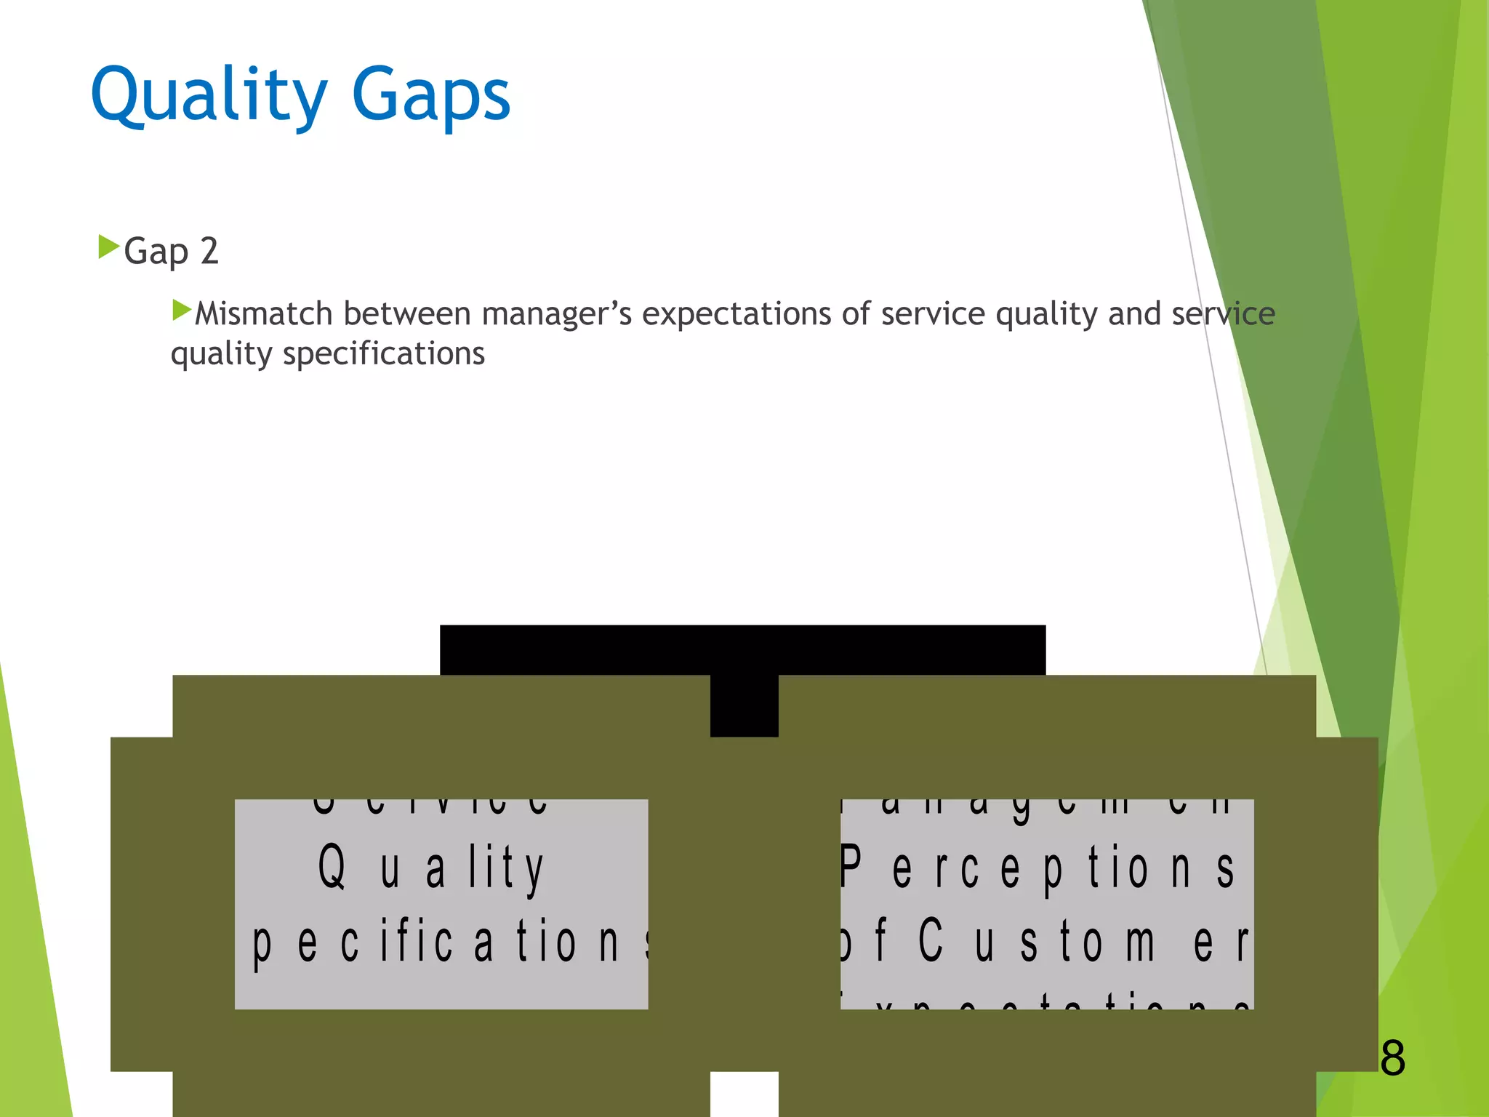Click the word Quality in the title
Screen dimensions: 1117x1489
tap(209, 95)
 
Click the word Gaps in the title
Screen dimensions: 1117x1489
tap(431, 95)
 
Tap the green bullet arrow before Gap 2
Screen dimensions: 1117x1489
tap(108, 247)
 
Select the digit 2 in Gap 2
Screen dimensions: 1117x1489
tap(209, 252)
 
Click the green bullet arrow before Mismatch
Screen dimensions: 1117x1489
tap(181, 311)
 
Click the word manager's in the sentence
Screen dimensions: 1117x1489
tap(556, 314)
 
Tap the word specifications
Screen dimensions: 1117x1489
tap(383, 354)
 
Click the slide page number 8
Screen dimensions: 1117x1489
tap(1392, 1058)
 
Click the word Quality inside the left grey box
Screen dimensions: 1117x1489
tap(430, 868)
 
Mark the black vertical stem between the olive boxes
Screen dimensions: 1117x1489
tap(744, 705)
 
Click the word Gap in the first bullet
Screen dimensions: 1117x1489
tap(156, 252)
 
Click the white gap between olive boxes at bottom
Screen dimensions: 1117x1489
tap(744, 1094)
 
